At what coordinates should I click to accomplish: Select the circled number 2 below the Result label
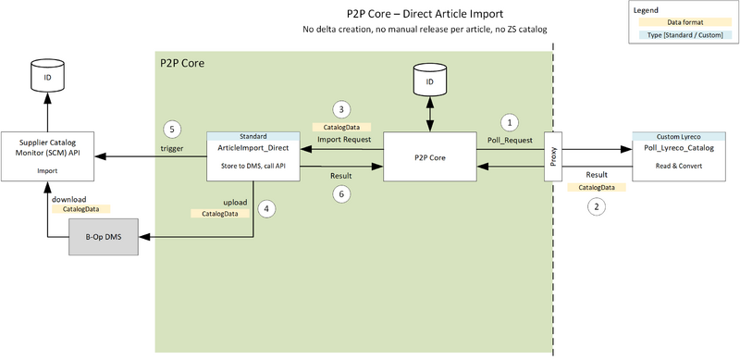coord(598,207)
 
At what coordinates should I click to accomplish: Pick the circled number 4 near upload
coord(267,208)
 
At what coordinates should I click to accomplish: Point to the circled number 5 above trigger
coord(169,129)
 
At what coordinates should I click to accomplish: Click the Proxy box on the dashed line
coord(552,157)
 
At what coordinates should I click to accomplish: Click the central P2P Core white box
coord(430,158)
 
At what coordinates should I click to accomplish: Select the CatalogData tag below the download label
coord(76,210)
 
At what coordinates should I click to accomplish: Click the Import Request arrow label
coord(343,140)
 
